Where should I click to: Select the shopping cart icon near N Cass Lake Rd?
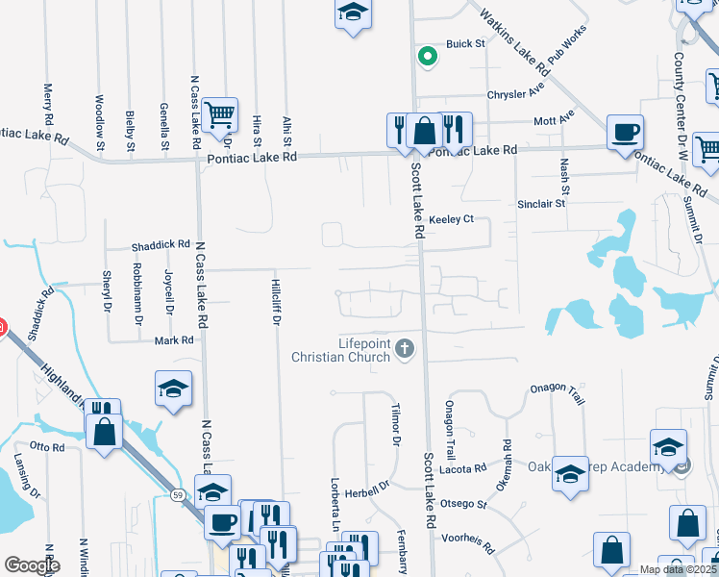point(220,115)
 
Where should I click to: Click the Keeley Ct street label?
point(452,219)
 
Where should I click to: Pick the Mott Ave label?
point(555,121)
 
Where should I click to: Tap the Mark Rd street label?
point(174,340)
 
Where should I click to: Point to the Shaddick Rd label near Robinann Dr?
point(161,245)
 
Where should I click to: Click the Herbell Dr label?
point(369,486)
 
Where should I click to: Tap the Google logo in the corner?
point(31,565)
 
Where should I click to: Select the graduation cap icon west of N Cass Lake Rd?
point(173,389)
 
